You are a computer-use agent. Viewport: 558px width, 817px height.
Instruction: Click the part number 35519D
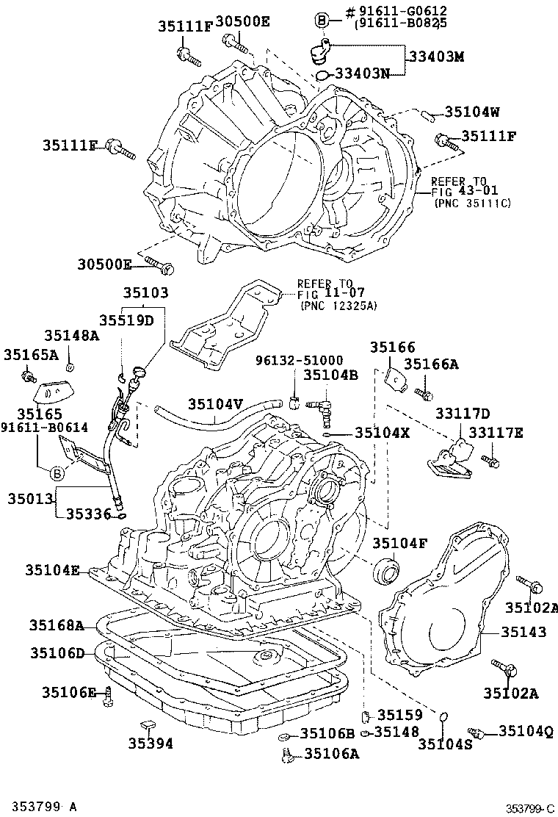point(127,320)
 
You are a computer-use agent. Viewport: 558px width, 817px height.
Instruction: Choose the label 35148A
point(70,336)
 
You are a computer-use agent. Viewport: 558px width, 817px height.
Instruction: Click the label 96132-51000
point(299,360)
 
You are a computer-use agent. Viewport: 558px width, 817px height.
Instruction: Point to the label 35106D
point(57,652)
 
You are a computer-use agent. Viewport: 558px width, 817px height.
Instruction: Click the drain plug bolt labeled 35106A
point(287,752)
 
